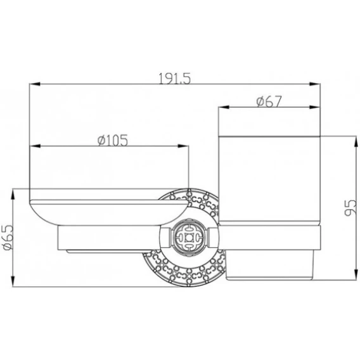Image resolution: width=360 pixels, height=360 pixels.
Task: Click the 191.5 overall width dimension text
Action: [175, 79]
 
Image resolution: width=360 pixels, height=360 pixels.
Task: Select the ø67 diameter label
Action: [269, 101]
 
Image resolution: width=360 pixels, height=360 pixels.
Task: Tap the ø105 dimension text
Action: [113, 140]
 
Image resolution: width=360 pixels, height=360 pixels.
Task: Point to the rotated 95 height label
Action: [350, 208]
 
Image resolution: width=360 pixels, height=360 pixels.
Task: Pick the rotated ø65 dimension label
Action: [9, 238]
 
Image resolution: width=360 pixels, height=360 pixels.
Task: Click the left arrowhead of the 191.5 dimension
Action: [35, 84]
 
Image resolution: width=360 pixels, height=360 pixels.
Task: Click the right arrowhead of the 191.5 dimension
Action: [314, 84]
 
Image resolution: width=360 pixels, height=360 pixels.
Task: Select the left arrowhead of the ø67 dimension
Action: [224, 107]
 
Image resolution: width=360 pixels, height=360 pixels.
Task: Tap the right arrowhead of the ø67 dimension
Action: [314, 107]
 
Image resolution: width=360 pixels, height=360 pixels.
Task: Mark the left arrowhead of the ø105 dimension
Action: [35, 146]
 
